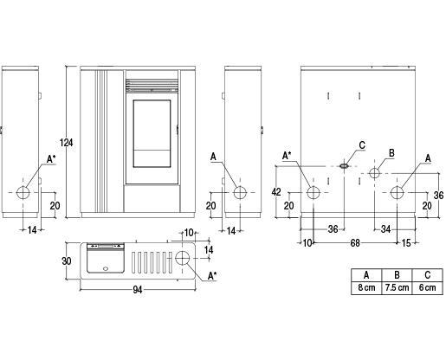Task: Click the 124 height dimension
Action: (x=67, y=142)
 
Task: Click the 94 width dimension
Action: (x=138, y=290)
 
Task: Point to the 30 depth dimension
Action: (x=67, y=260)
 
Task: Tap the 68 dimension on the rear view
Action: (x=355, y=243)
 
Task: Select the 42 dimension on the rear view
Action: (x=276, y=191)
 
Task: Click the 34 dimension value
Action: (x=386, y=229)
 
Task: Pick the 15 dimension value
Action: (x=406, y=243)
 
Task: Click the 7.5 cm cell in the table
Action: (x=398, y=287)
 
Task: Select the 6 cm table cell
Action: (x=428, y=287)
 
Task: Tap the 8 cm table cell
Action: (x=366, y=287)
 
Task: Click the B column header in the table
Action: (x=398, y=275)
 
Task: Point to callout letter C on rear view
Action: (x=362, y=145)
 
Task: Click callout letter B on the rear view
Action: (x=391, y=153)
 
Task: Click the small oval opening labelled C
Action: (x=344, y=166)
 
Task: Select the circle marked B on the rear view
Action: (x=374, y=173)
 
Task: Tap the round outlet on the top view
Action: (x=183, y=258)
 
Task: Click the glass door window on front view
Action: (x=152, y=133)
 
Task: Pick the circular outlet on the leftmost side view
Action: (x=23, y=193)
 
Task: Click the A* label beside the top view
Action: (x=212, y=276)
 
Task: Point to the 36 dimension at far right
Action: (x=438, y=196)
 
